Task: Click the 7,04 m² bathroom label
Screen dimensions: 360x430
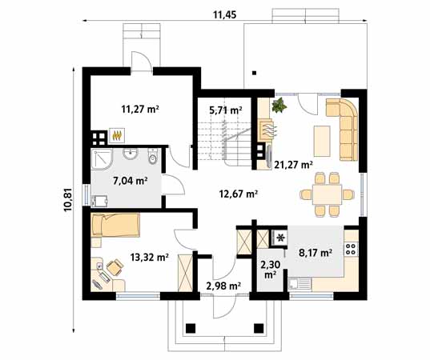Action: click(x=131, y=180)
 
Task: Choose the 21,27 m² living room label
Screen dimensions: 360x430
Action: click(x=292, y=165)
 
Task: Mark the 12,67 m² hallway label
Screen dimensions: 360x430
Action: click(x=238, y=193)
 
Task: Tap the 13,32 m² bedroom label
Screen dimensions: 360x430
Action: click(x=150, y=257)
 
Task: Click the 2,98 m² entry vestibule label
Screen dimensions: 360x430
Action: click(x=223, y=285)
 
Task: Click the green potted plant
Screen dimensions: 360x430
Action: click(x=279, y=106)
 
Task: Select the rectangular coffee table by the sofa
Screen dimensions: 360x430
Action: click(x=321, y=141)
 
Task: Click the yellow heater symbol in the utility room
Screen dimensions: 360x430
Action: click(x=117, y=135)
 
